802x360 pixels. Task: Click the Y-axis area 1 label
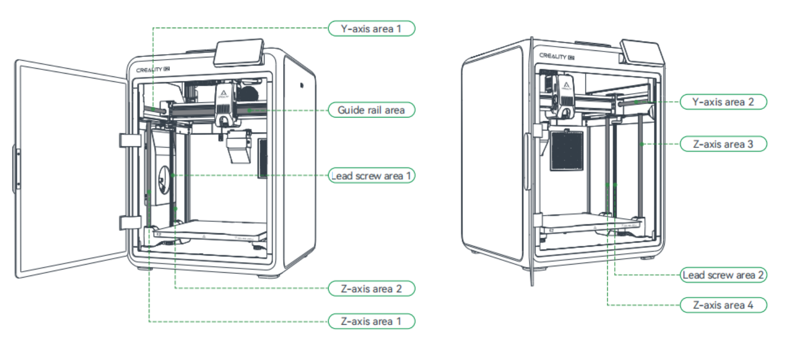point(372,28)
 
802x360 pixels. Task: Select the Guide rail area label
point(372,110)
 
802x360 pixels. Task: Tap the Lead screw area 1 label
point(372,176)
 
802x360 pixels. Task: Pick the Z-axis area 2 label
point(372,289)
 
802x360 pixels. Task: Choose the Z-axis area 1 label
point(372,321)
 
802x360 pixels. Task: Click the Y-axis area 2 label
point(723,101)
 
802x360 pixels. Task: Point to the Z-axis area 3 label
point(723,144)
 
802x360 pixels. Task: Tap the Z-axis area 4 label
point(723,305)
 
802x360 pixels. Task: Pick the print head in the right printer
point(564,97)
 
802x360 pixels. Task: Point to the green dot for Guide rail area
point(249,110)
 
